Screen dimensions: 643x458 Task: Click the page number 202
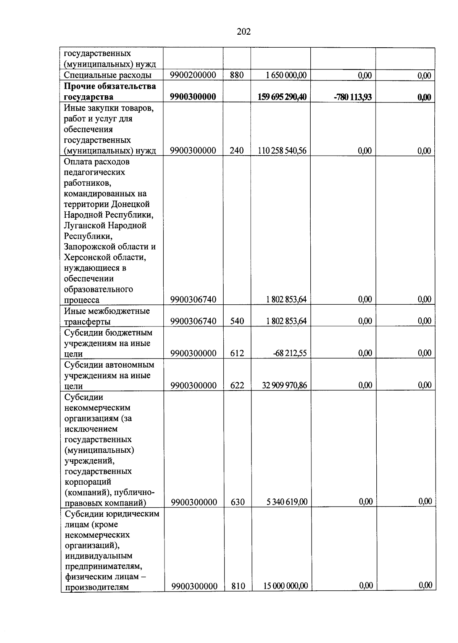244,32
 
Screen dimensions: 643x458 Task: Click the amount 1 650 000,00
286,75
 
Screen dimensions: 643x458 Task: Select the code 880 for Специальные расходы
237,75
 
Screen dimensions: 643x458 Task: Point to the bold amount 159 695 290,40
282,97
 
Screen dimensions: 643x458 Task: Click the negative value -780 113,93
352,97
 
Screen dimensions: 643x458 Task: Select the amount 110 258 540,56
282,151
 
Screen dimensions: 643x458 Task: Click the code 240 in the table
237,151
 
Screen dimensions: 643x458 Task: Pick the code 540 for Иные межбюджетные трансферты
237,321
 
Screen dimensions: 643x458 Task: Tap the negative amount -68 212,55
290,353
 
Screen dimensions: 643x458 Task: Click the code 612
237,353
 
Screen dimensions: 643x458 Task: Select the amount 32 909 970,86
284,385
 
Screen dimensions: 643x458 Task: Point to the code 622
237,385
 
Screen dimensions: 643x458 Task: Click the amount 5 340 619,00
287,502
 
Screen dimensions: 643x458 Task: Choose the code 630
238,502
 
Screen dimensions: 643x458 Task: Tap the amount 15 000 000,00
285,586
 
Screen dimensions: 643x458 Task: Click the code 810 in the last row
238,586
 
